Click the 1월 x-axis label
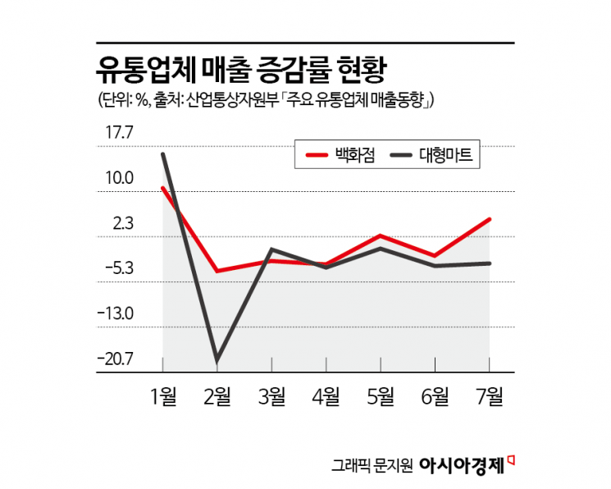click(163, 397)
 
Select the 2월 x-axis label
click(217, 397)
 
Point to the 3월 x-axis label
click(271, 397)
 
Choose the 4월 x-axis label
click(326, 397)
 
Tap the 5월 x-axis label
click(381, 397)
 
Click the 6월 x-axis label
click(435, 397)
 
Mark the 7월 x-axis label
click(490, 397)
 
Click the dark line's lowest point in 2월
click(217, 360)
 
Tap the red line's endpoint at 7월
click(490, 219)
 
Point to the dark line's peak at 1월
click(163, 154)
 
